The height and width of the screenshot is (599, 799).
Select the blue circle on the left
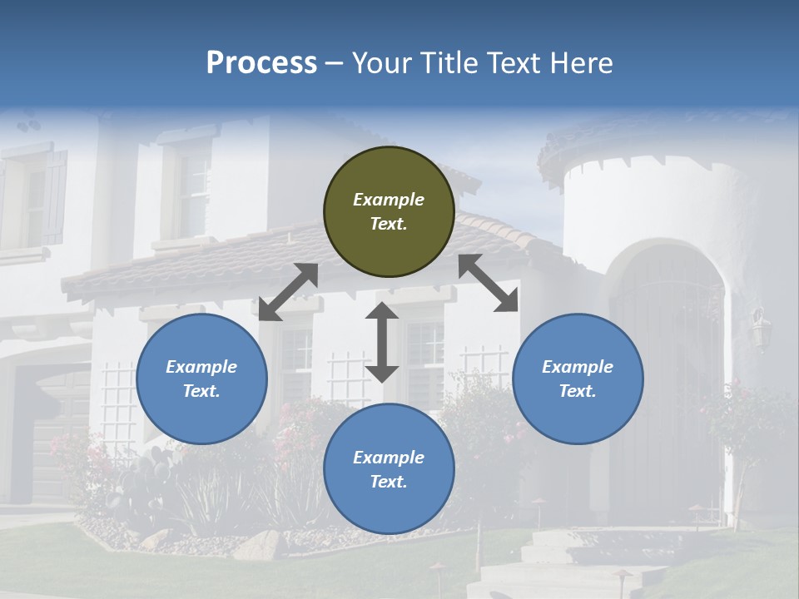click(201, 379)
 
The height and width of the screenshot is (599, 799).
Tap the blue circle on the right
click(578, 379)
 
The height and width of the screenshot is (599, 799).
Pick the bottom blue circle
click(389, 468)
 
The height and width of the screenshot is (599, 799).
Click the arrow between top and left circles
click(288, 292)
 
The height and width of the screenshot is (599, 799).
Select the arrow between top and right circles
click(489, 283)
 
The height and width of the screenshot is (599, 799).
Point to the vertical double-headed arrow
click(382, 342)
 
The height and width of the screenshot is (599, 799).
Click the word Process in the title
click(261, 63)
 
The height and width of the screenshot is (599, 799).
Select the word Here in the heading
click(582, 63)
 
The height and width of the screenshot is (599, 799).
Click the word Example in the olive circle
click(389, 200)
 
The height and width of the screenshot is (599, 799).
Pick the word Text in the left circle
click(201, 391)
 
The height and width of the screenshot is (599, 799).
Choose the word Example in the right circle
click(578, 367)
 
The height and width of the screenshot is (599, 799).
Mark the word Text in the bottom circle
click(389, 482)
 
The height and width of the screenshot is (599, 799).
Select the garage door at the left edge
click(50, 433)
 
